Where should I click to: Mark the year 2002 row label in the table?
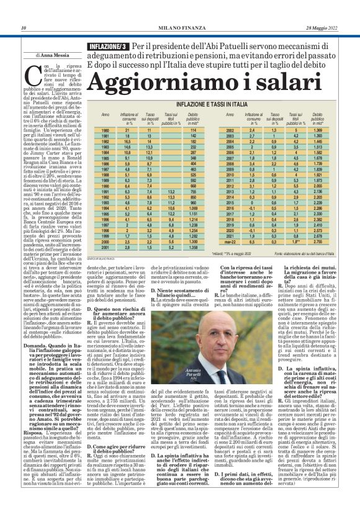230,130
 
